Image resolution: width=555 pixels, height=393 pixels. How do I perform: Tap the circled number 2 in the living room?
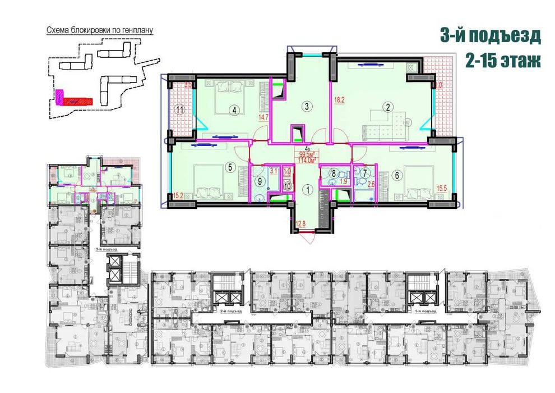(x=386, y=106)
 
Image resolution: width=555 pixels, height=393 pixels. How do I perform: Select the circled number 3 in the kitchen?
(x=306, y=105)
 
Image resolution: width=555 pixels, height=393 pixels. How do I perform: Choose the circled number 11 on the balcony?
(x=179, y=110)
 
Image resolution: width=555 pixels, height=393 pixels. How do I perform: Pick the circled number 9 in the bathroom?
(x=260, y=181)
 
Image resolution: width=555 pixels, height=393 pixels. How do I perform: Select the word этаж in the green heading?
(x=515, y=61)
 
